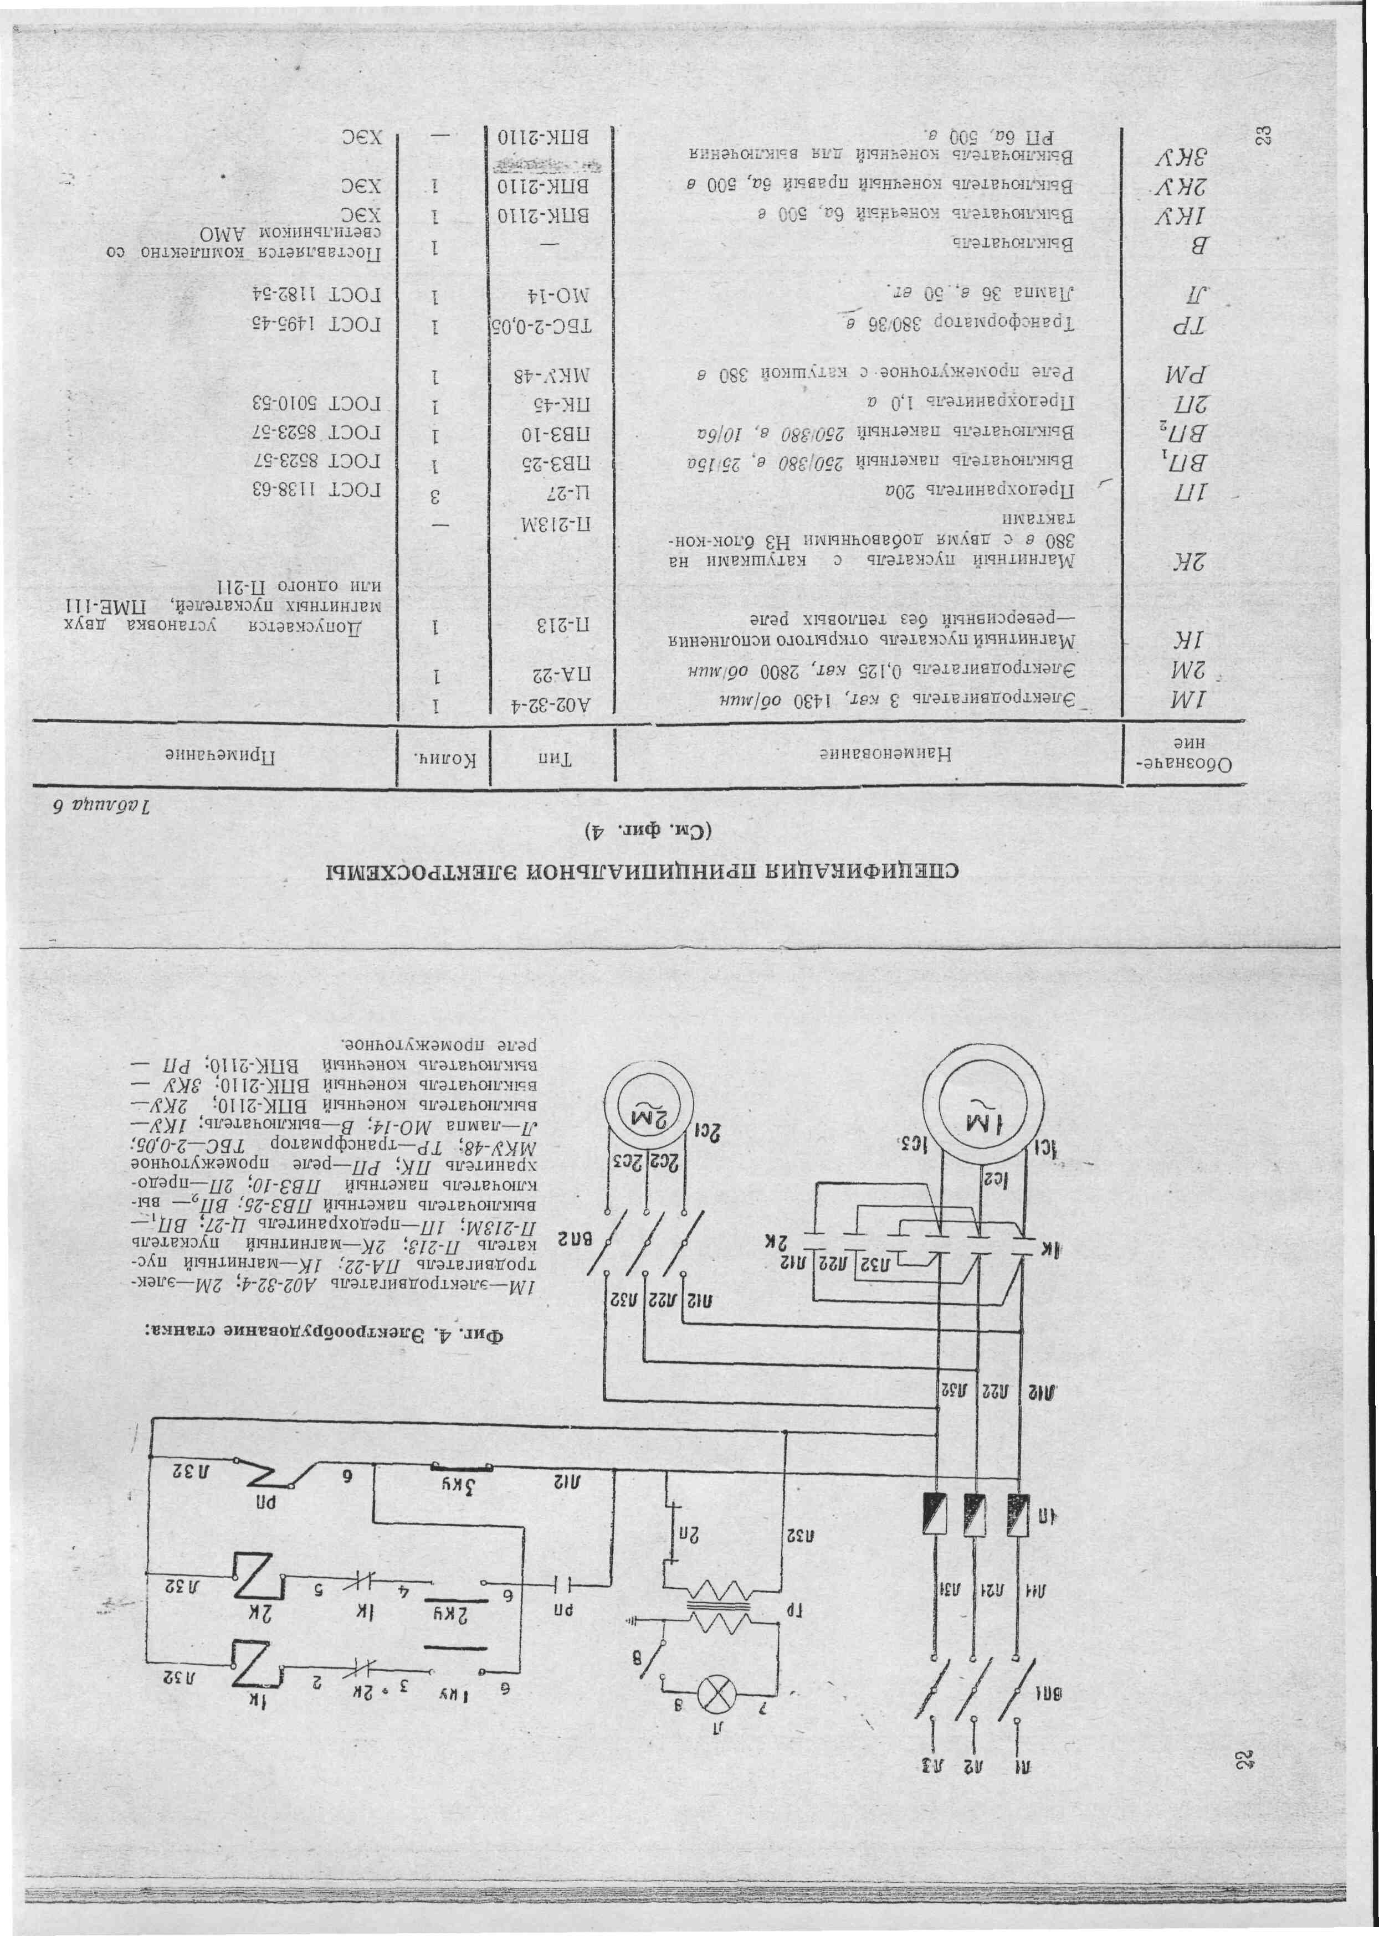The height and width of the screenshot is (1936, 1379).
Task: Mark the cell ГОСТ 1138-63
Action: (x=314, y=490)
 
